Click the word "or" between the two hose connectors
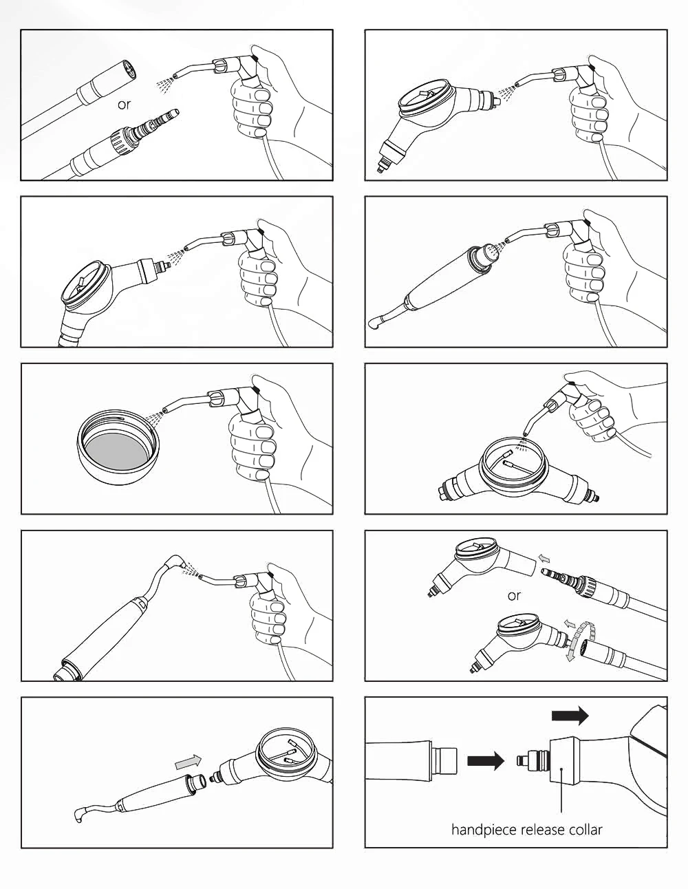pos(123,105)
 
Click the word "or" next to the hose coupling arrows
pos(514,596)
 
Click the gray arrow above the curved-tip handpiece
pos(189,761)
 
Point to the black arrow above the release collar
pos(570,716)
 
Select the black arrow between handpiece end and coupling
pos(486,761)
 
